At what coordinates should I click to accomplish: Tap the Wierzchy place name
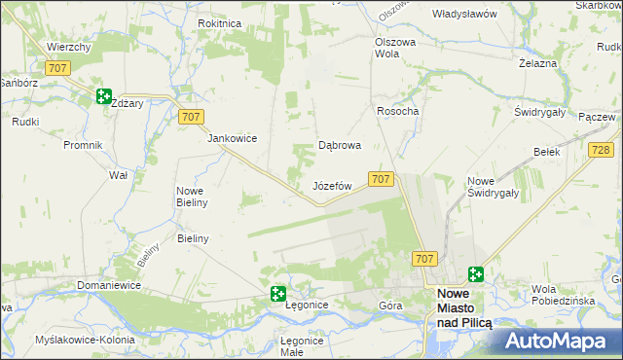click(x=69, y=47)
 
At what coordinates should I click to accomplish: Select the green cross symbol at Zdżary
click(x=104, y=95)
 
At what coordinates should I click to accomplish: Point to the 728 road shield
click(x=601, y=149)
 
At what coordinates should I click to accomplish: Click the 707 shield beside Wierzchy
click(x=57, y=67)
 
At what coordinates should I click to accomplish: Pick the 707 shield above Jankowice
click(x=192, y=117)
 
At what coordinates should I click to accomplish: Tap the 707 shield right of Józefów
click(x=381, y=179)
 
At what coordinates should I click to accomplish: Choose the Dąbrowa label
click(x=341, y=146)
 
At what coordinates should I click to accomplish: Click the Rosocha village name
click(x=397, y=112)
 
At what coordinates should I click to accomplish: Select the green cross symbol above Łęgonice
click(x=277, y=293)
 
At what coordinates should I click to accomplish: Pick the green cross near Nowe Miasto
click(x=476, y=275)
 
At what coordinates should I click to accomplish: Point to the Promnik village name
click(x=83, y=146)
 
